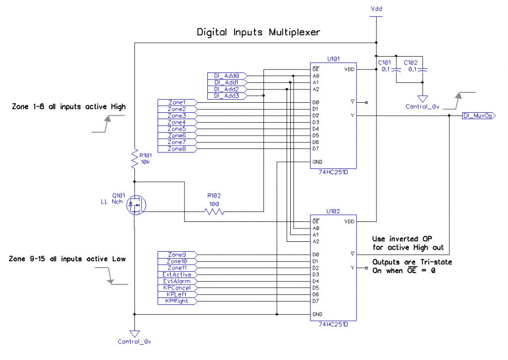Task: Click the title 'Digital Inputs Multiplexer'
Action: [258, 32]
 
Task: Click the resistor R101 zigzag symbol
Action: [134, 159]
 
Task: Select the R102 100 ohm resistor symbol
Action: [214, 212]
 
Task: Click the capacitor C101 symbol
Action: [396, 71]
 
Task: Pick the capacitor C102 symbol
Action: [422, 71]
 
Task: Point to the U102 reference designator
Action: [333, 211]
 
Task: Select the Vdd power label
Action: [377, 9]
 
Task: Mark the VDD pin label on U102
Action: [349, 221]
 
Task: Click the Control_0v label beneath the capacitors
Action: [422, 107]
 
